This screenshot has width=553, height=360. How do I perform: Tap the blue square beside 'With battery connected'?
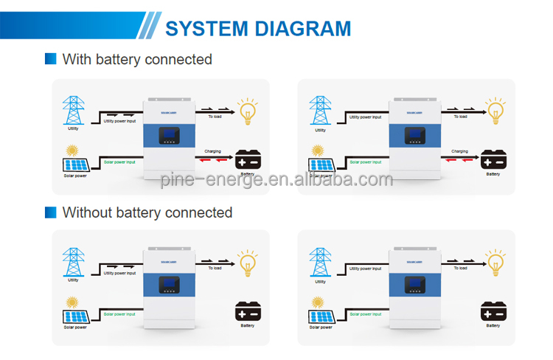point(50,59)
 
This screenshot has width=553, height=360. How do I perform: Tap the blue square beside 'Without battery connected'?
point(50,212)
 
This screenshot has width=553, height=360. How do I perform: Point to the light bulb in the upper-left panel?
point(246,110)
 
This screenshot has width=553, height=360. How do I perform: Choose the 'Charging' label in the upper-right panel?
point(459,151)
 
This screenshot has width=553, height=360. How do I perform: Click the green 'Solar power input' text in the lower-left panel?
point(119,314)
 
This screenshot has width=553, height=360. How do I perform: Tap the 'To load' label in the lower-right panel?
point(460,268)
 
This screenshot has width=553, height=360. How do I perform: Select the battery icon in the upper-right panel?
point(493,160)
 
